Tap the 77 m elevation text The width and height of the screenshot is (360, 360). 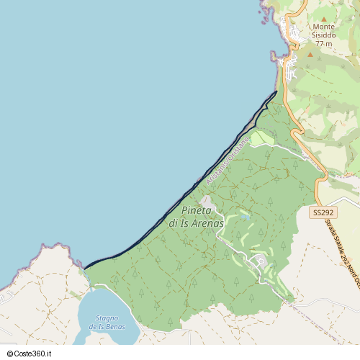[x=324, y=44]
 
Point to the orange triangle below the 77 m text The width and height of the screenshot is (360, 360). [x=310, y=54]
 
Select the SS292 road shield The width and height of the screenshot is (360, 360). [x=323, y=213]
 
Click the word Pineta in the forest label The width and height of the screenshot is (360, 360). [x=197, y=210]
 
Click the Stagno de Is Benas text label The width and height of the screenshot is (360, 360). [x=107, y=323]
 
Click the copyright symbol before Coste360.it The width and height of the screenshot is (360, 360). [x=8, y=354]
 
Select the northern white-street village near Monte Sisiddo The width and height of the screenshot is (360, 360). [x=294, y=32]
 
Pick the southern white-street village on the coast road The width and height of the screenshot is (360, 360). [x=292, y=70]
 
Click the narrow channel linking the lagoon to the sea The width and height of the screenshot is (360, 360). [x=89, y=280]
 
